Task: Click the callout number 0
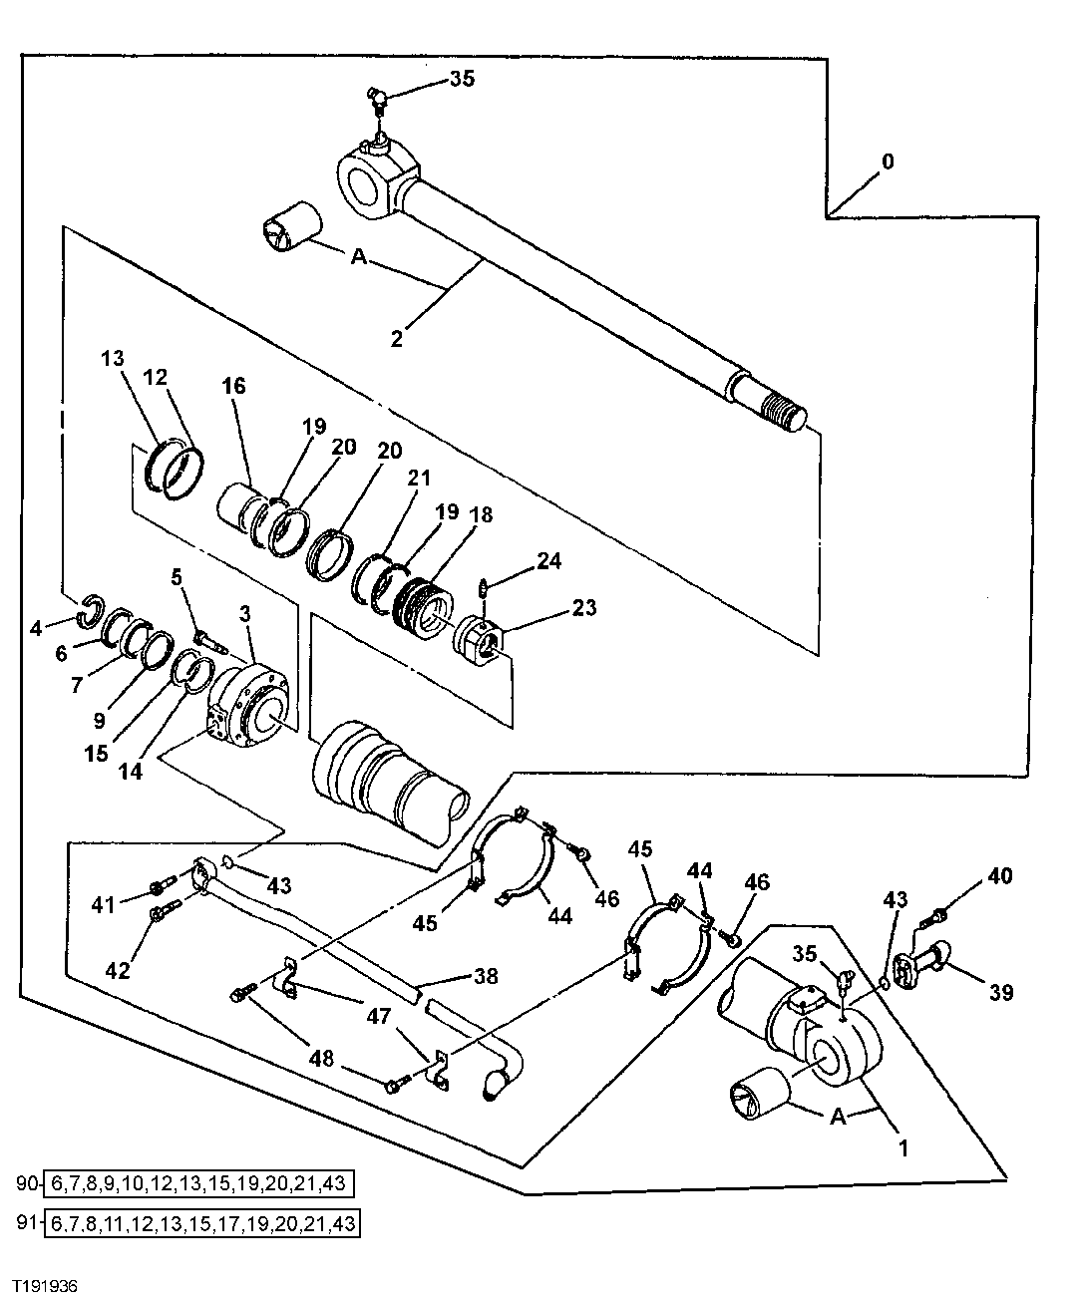[888, 162]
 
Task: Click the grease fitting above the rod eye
[376, 98]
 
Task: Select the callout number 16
[234, 386]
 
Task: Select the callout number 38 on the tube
[486, 976]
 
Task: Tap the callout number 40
[999, 875]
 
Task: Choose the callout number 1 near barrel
[903, 1147]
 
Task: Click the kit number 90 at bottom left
[27, 1183]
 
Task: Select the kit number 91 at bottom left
[27, 1222]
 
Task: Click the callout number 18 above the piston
[481, 515]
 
